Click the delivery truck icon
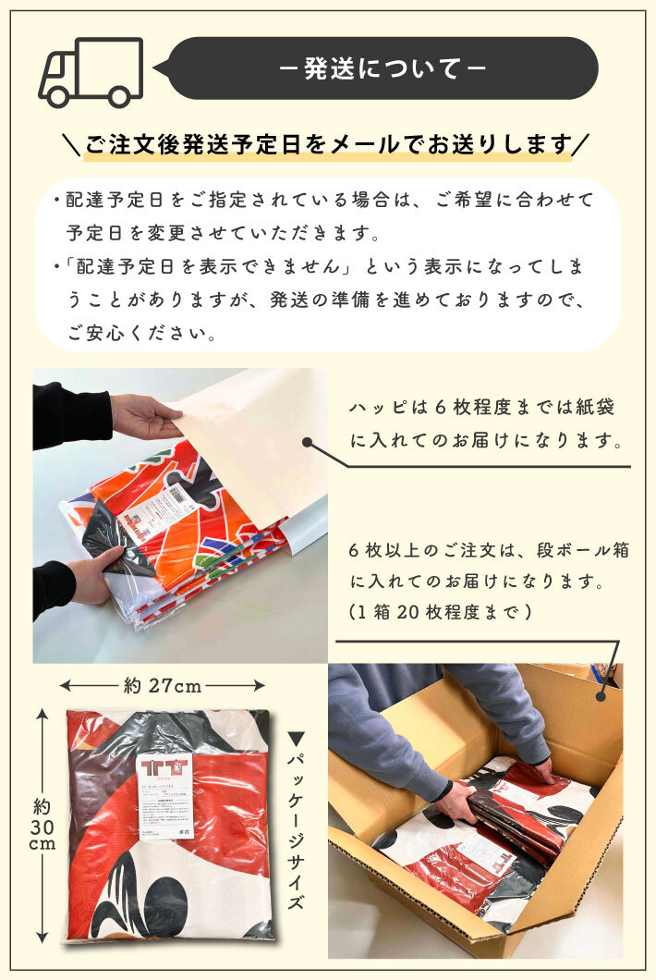pos(91,73)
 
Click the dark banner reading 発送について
pos(383,68)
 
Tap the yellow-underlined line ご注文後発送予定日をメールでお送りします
pos(328,145)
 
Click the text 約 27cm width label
pos(162,686)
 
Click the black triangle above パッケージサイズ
pos(297,739)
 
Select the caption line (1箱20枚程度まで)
pos(440,612)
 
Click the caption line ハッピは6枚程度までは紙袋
pos(481,408)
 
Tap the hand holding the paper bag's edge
pos(143,418)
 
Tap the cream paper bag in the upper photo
pos(254,435)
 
